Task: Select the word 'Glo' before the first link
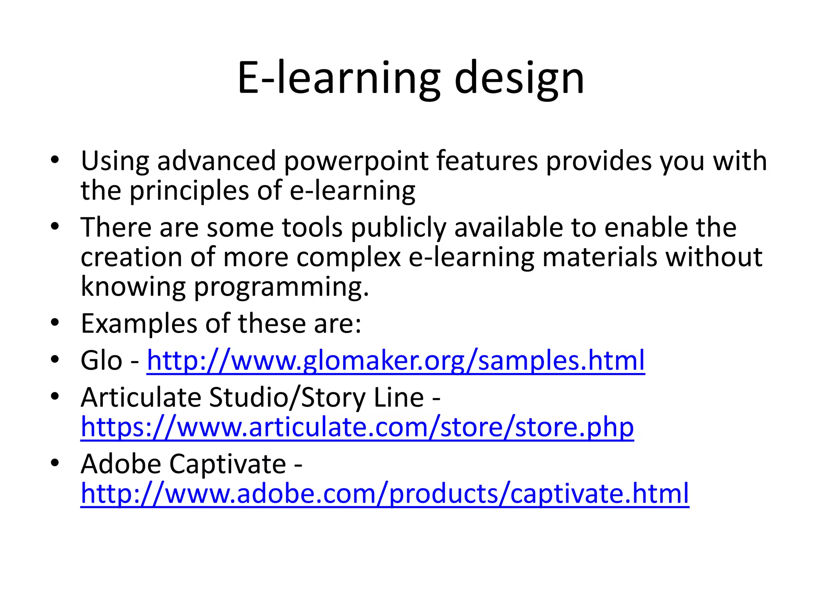tap(101, 360)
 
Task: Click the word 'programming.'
tap(281, 287)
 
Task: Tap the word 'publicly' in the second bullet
tap(398, 228)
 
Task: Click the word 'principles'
tap(189, 191)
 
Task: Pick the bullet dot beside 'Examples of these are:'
tap(55, 322)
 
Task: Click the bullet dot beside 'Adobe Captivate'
tap(55, 463)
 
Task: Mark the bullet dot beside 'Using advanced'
tap(55, 160)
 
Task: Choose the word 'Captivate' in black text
tap(228, 464)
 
